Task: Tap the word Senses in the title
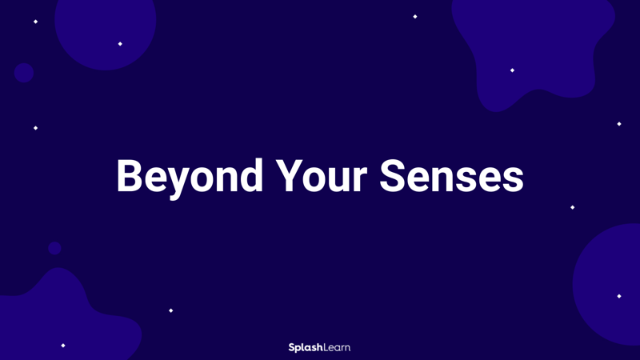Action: click(x=451, y=176)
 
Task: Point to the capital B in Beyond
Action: click(x=130, y=176)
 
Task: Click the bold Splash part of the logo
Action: click(x=305, y=347)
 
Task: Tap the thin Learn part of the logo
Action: click(x=336, y=347)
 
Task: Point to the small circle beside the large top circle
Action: click(x=24, y=73)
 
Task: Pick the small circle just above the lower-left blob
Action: click(x=54, y=248)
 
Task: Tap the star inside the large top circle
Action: click(x=120, y=44)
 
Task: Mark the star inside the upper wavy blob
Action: click(x=512, y=70)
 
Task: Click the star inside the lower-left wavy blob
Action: click(x=63, y=346)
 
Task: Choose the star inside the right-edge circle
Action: click(x=618, y=296)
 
